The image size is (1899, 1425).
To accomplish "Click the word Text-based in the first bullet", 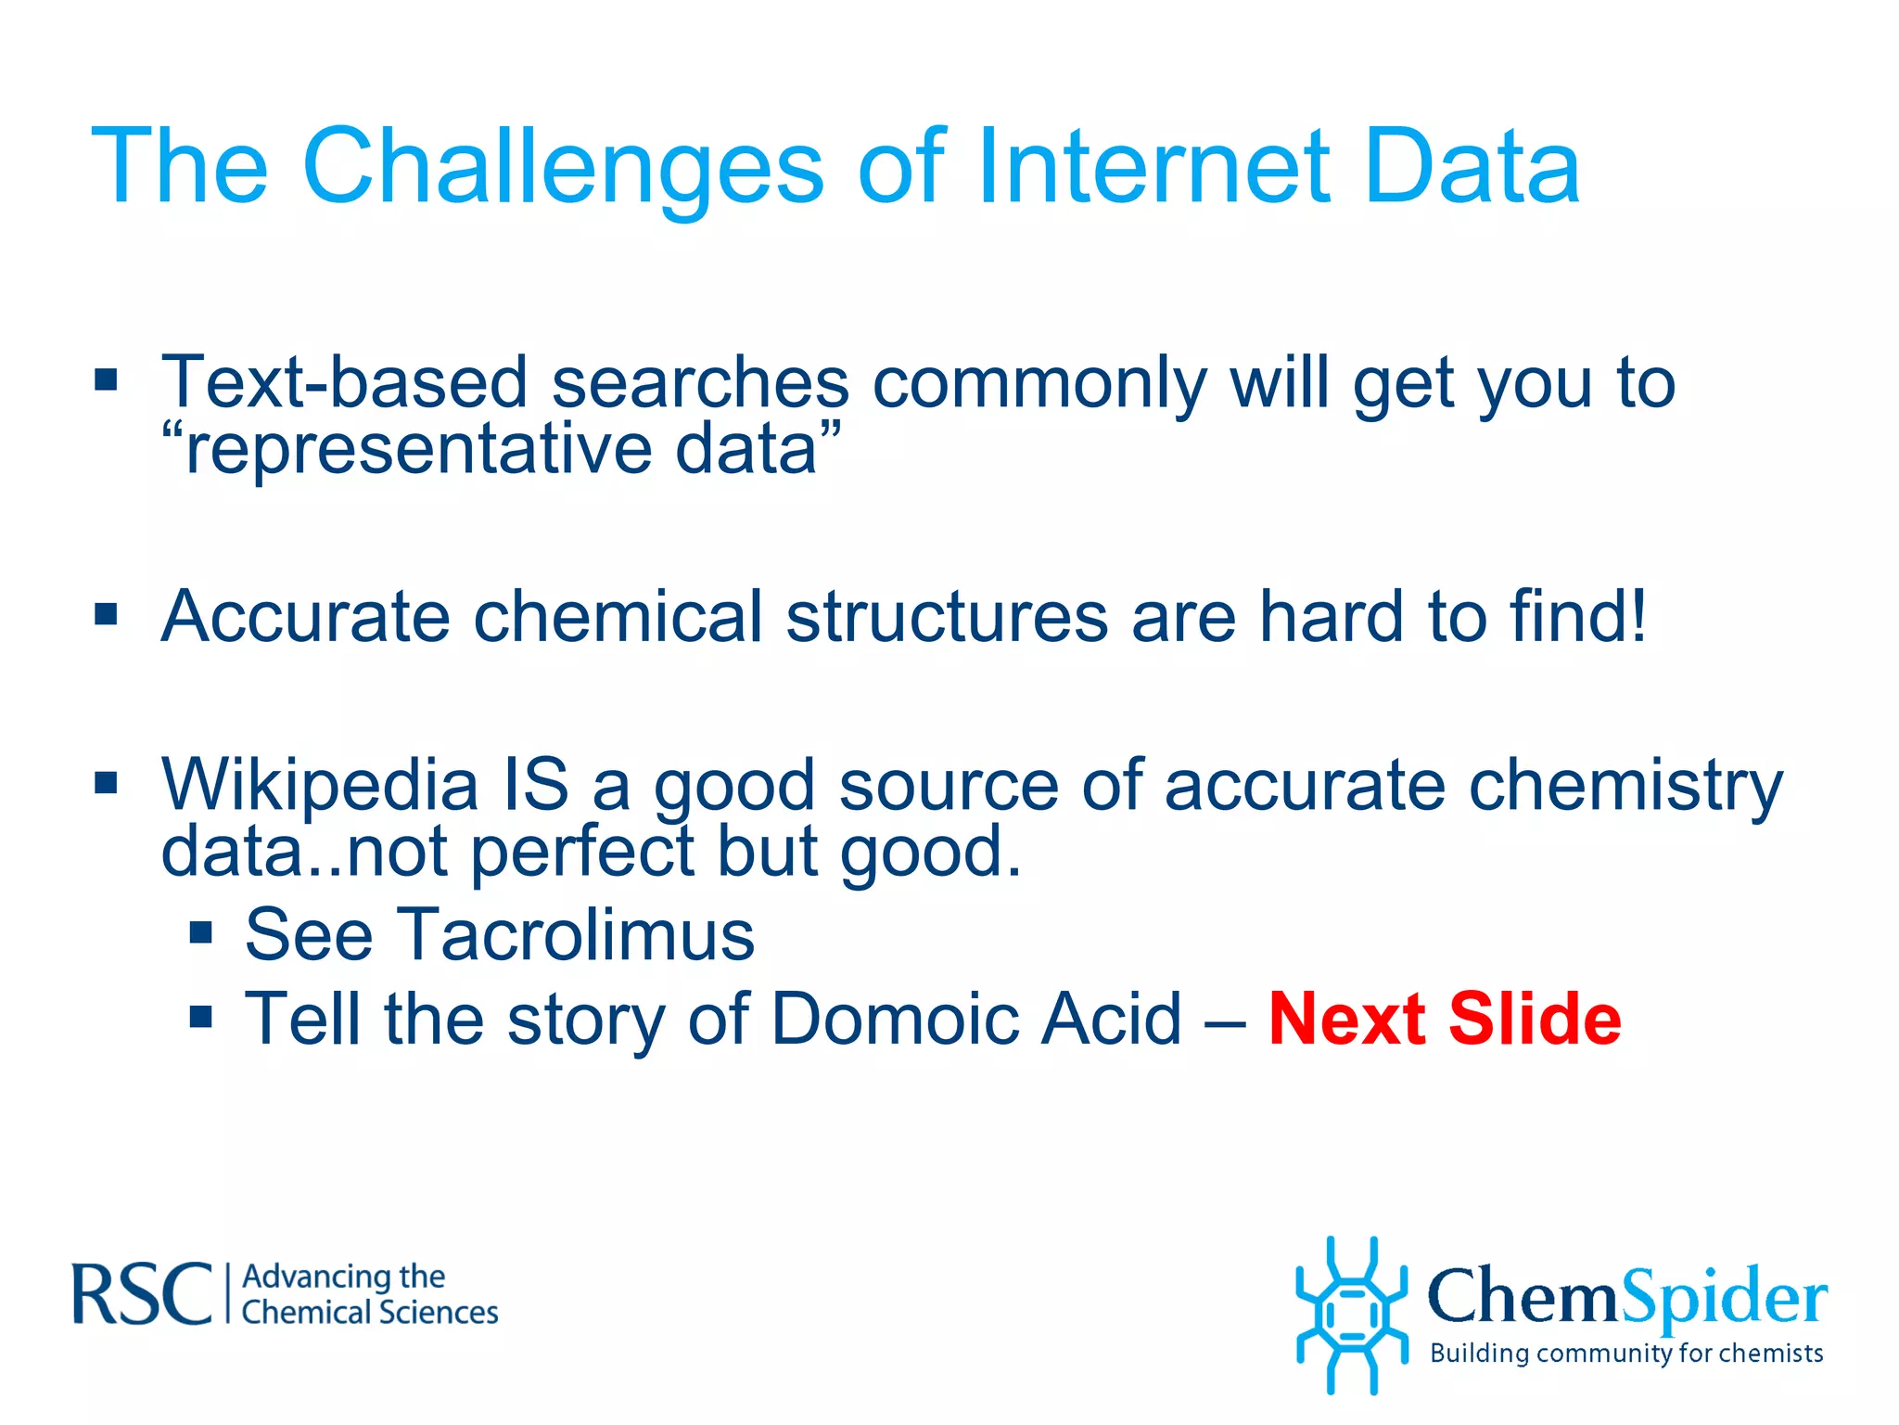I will click(344, 382).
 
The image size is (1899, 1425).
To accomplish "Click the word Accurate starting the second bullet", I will click(305, 616).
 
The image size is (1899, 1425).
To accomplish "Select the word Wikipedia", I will click(320, 785).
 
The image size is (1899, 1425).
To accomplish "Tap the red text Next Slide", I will click(1444, 1019).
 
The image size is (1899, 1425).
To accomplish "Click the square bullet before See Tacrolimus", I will click(201, 932).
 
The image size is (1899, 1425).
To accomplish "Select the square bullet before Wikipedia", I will click(106, 783).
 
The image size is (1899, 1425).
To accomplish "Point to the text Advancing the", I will click(343, 1277).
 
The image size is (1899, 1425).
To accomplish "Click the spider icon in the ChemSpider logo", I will click(1351, 1315).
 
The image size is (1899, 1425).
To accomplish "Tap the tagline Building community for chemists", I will click(1625, 1353).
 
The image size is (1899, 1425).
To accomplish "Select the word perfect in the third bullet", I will click(582, 852).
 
